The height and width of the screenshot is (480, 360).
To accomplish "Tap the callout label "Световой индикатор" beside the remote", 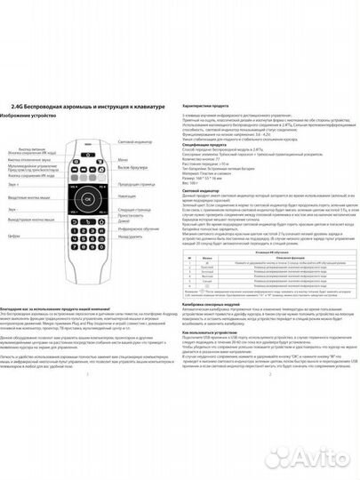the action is (134, 143).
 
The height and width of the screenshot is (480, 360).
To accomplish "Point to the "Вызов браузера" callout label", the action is (130, 168).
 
